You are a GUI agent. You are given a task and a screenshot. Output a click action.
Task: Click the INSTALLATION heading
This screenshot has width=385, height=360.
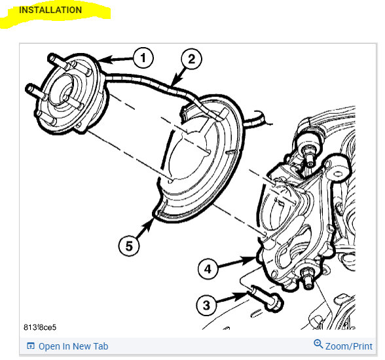point(50,10)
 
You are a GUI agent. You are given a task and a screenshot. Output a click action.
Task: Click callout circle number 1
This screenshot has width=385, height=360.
point(143,58)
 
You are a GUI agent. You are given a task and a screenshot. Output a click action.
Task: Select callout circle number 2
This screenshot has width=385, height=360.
point(191,60)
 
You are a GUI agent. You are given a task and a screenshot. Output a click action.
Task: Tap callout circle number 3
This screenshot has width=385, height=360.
point(207,304)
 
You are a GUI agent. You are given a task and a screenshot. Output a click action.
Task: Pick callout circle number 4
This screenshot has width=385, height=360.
point(208,268)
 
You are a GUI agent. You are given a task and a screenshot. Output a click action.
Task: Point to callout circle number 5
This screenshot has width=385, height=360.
point(129,245)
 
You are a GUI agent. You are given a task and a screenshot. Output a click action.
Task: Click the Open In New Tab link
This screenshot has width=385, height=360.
point(73,346)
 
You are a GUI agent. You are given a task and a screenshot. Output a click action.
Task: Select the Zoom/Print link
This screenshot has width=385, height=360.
point(348,346)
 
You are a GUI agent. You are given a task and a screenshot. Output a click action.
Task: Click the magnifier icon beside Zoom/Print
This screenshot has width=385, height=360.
point(318,345)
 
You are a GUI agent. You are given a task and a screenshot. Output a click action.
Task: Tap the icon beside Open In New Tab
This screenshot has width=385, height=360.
point(30,346)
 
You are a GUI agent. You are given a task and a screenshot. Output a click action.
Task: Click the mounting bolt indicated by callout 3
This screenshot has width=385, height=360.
point(265,298)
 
